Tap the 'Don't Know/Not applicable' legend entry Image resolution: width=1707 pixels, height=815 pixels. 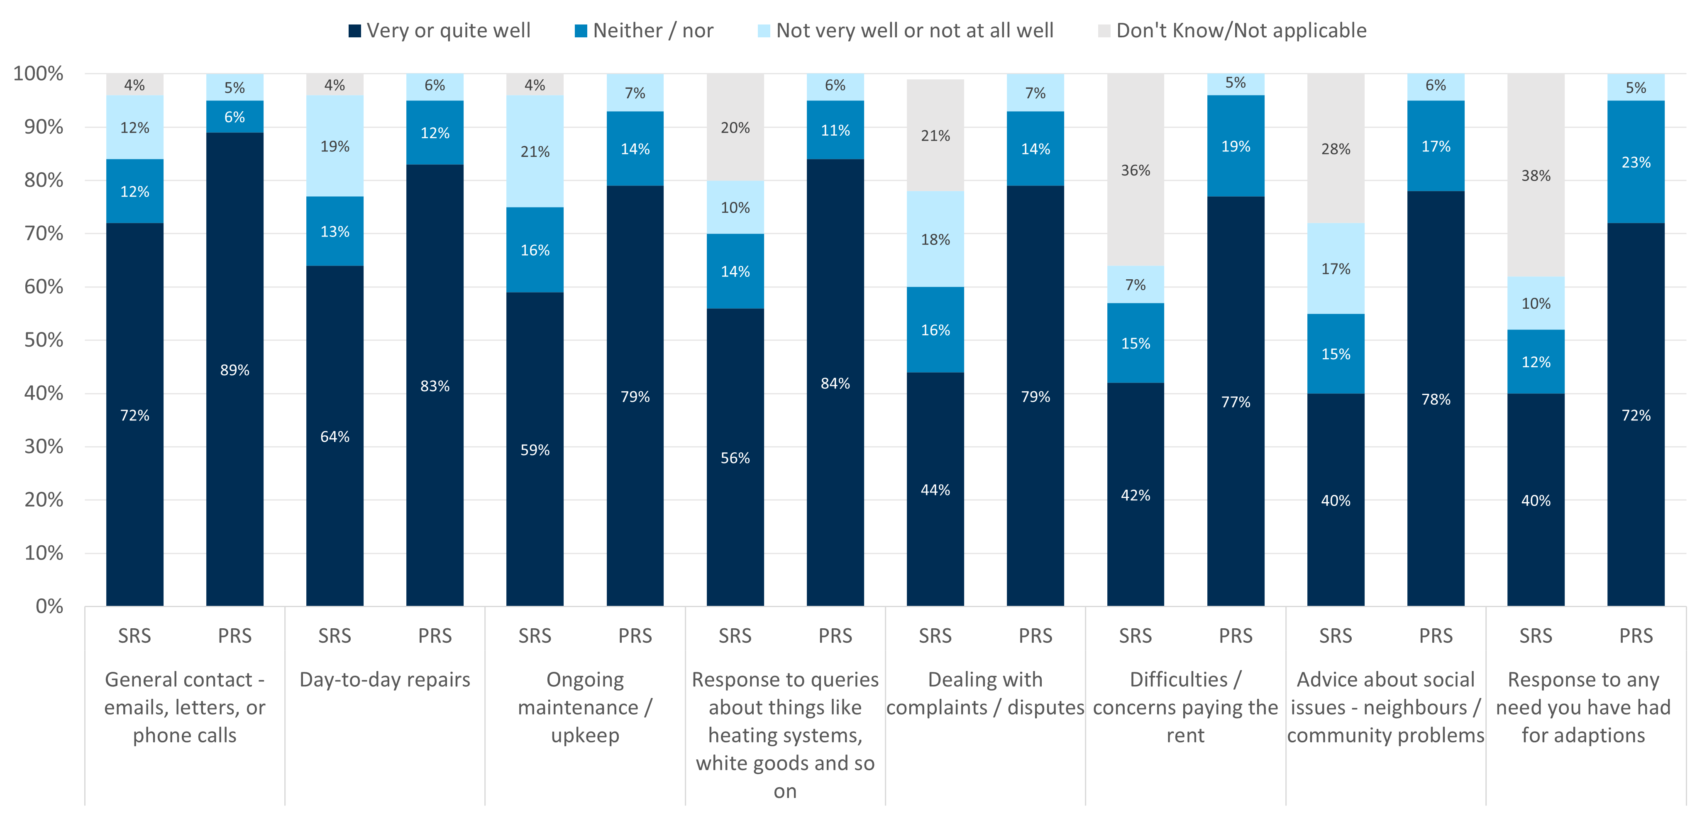click(x=1233, y=30)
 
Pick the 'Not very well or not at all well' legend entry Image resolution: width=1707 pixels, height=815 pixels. click(x=906, y=30)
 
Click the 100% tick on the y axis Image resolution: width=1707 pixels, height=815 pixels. click(x=39, y=73)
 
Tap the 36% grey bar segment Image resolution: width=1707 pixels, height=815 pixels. click(x=1135, y=170)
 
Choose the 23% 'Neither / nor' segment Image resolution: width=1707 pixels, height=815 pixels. click(x=1636, y=162)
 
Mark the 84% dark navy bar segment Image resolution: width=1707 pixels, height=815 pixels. click(x=835, y=383)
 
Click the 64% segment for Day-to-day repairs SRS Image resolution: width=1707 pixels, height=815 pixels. click(x=335, y=437)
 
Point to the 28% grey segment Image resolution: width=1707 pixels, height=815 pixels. click(x=1335, y=149)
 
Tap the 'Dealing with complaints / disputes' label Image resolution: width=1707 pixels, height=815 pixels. click(x=985, y=694)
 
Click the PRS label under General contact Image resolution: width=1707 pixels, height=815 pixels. click(x=234, y=636)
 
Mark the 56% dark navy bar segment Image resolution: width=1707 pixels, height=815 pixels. click(x=735, y=458)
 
